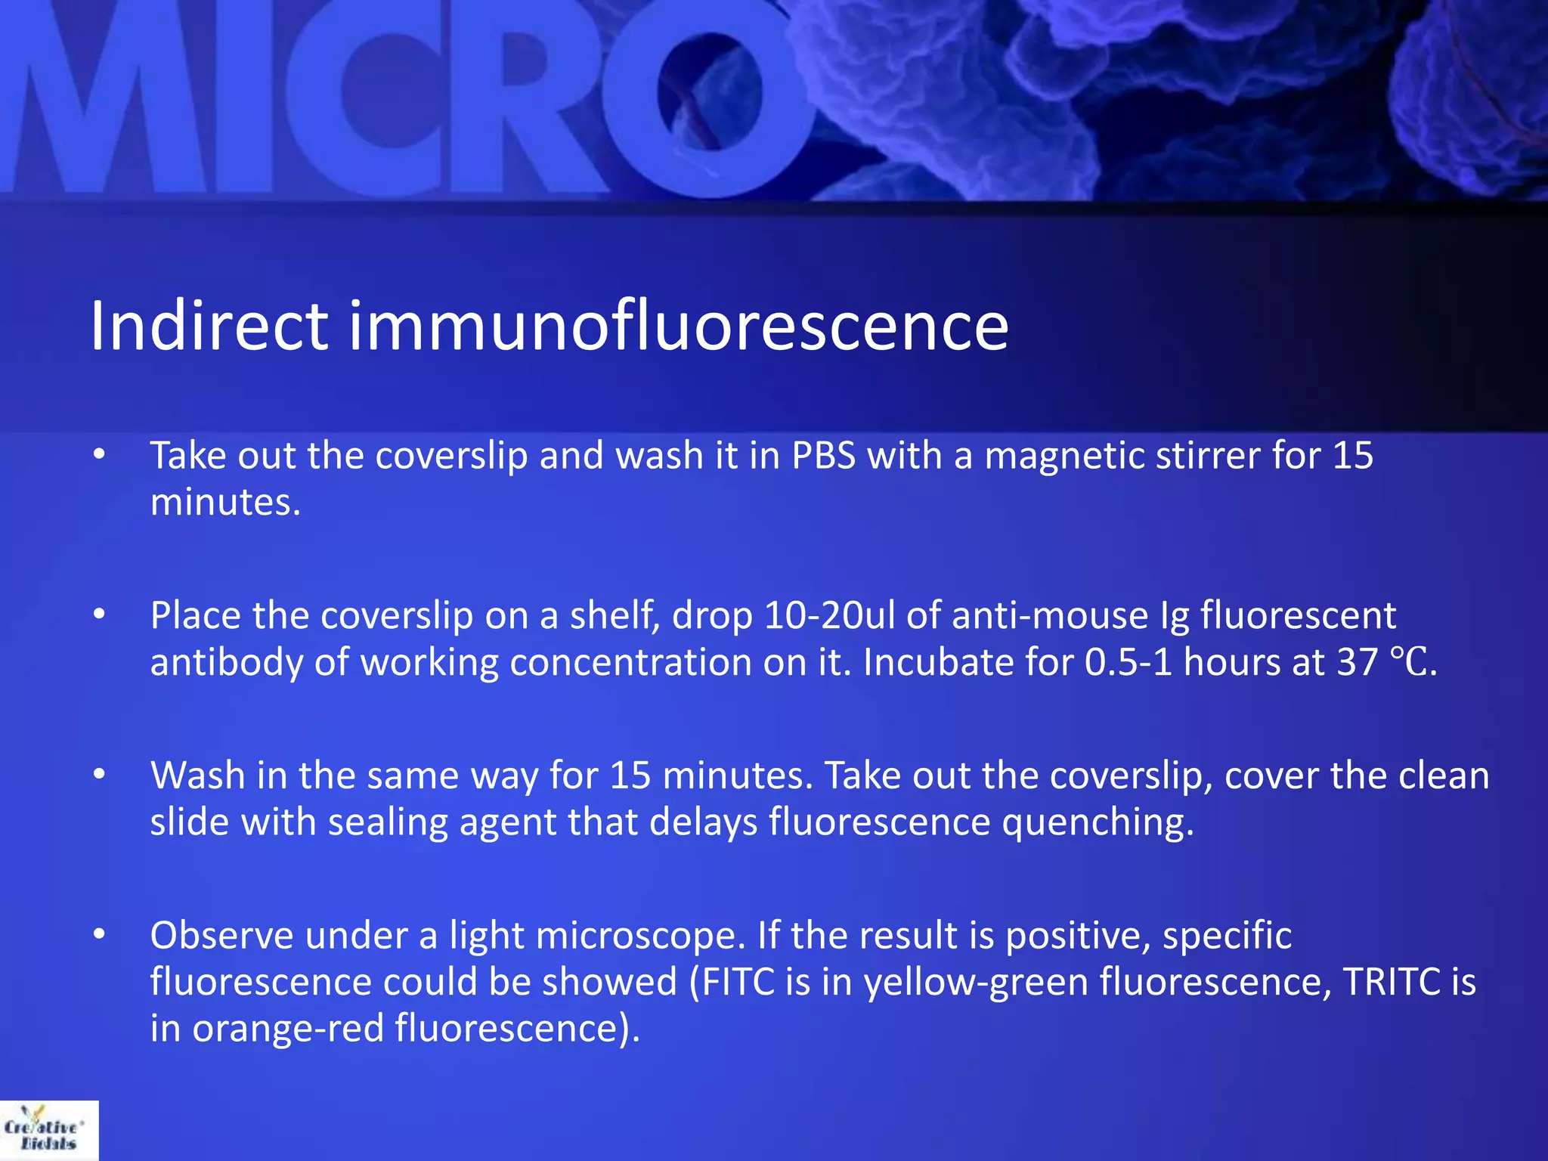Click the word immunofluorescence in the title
pos(678,327)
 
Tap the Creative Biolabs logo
pos(48,1130)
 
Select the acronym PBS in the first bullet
pos(823,456)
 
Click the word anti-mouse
pos(1050,615)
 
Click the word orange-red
pos(288,1029)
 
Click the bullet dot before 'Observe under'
pos(99,935)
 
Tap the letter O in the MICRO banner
pos(711,94)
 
